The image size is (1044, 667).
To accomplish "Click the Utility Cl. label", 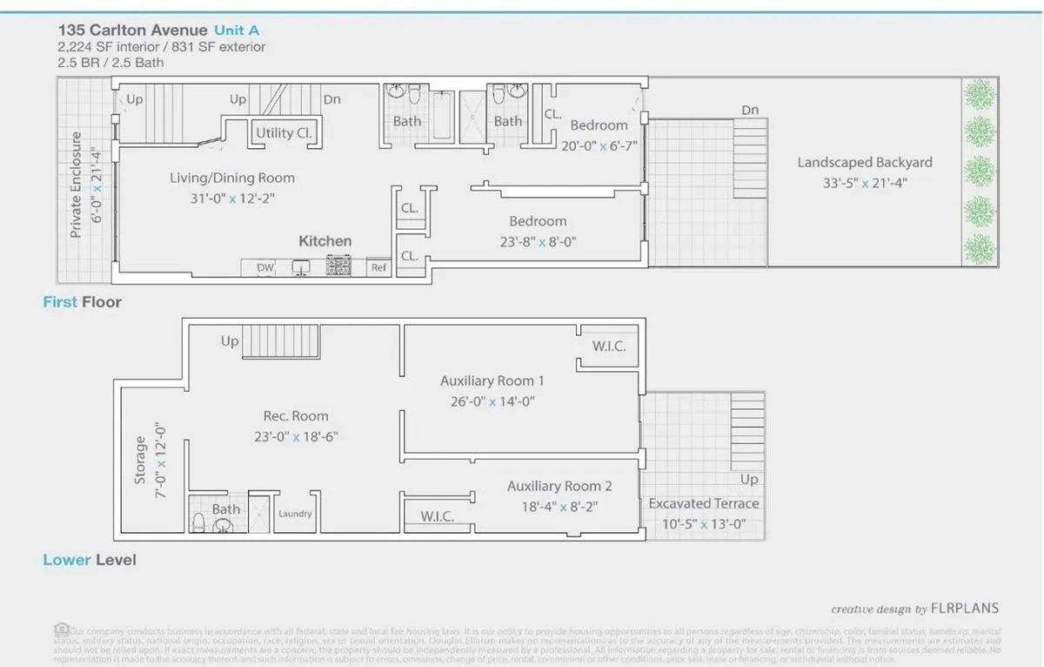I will pyautogui.click(x=284, y=133).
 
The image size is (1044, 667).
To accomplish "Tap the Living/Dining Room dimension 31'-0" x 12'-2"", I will pyautogui.click(x=232, y=199).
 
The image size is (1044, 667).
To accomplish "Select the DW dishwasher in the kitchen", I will pyautogui.click(x=264, y=268).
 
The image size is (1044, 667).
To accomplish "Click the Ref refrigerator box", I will pyautogui.click(x=378, y=268).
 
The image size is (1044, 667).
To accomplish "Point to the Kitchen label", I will pyautogui.click(x=325, y=241).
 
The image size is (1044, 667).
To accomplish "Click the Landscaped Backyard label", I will pyautogui.click(x=865, y=163).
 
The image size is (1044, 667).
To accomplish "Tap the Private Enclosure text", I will pyautogui.click(x=77, y=185).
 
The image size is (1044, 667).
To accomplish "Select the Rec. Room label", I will pyautogui.click(x=297, y=415).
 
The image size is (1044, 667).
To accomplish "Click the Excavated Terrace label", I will pyautogui.click(x=704, y=503).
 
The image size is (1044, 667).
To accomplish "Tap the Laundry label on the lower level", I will pyautogui.click(x=295, y=514).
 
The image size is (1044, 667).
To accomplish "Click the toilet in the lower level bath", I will pyautogui.click(x=199, y=523).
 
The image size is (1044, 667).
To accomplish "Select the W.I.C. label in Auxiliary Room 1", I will pyautogui.click(x=609, y=347).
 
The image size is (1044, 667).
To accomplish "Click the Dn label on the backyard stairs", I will pyautogui.click(x=750, y=111).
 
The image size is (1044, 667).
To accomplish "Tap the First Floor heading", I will pyautogui.click(x=83, y=302).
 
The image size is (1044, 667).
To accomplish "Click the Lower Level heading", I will pyautogui.click(x=90, y=560).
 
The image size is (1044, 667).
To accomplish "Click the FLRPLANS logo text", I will pyautogui.click(x=964, y=609).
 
